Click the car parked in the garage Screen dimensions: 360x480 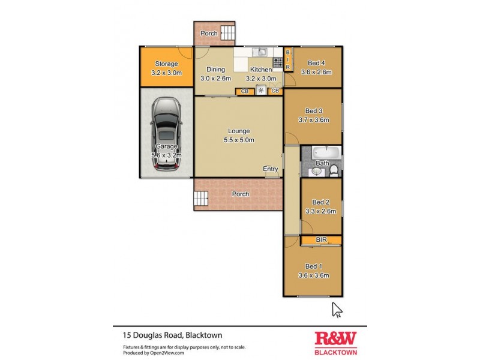click(166, 135)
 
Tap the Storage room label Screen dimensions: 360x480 click(166, 64)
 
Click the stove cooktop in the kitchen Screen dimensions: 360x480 click(278, 61)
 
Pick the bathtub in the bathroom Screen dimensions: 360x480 click(326, 152)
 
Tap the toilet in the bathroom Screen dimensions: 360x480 click(334, 171)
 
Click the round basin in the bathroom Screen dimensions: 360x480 click(316, 171)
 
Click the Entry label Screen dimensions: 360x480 click(270, 169)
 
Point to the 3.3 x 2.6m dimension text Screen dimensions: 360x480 click(321, 211)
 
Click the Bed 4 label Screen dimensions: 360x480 click(316, 63)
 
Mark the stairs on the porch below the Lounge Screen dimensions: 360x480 click(200, 197)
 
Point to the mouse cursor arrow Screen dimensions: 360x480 click(337, 309)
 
